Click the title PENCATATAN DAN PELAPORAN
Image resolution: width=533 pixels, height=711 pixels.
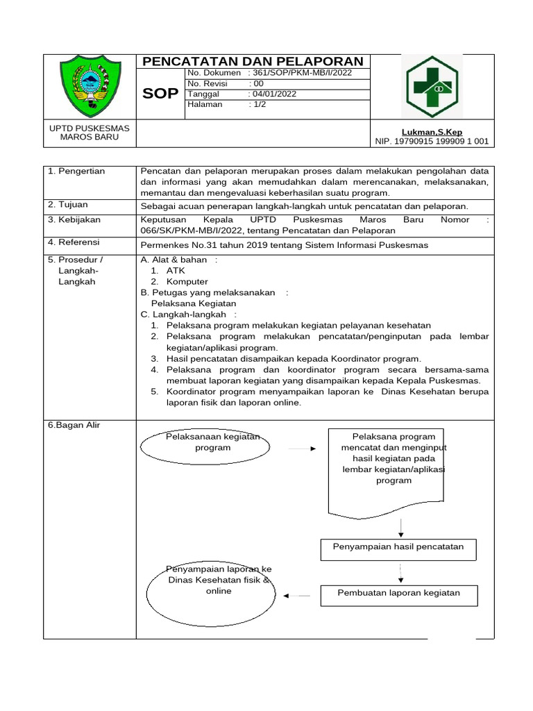click(x=253, y=61)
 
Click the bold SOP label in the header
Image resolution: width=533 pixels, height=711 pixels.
click(x=160, y=94)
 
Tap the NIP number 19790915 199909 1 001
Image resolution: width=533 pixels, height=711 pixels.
click(x=432, y=141)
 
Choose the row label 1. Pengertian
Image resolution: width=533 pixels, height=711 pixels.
click(x=76, y=171)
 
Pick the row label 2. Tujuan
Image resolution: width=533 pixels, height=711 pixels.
click(x=69, y=205)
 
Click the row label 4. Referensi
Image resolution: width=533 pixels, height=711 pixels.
click(x=74, y=242)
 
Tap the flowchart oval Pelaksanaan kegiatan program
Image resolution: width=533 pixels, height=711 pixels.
click(x=205, y=443)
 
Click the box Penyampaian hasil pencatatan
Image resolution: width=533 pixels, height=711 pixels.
click(x=398, y=547)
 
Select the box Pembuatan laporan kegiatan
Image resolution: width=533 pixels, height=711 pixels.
click(x=398, y=593)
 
